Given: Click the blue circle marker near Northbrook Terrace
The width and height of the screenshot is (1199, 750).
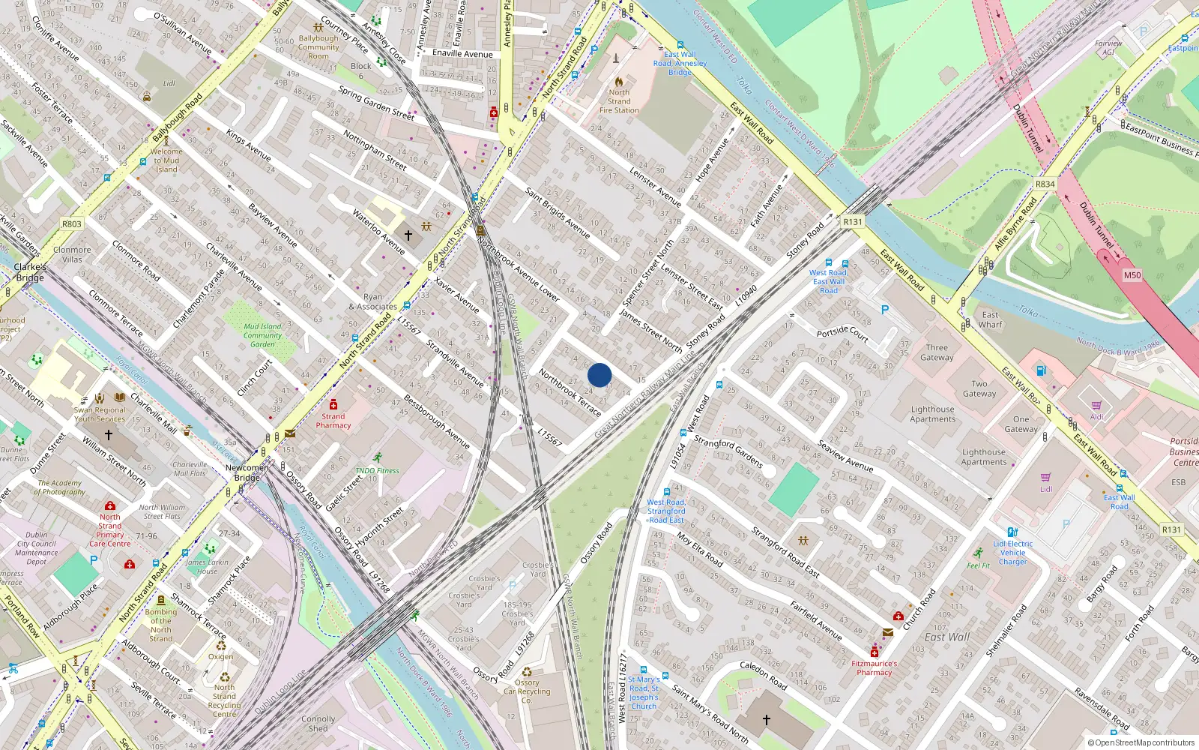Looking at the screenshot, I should click(599, 374).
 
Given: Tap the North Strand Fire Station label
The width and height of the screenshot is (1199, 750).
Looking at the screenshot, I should click(619, 101).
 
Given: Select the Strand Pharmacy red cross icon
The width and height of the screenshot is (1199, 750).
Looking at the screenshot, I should click(333, 404).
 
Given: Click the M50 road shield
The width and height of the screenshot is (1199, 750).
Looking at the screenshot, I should click(1132, 275).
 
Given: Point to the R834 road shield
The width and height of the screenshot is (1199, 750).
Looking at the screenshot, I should click(1045, 184).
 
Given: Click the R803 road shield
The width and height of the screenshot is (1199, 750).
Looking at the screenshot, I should click(72, 223).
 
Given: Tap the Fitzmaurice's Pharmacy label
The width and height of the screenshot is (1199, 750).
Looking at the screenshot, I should click(874, 667).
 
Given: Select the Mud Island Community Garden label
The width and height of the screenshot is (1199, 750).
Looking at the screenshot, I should click(262, 335).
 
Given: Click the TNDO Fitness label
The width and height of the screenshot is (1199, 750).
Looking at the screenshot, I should click(377, 470).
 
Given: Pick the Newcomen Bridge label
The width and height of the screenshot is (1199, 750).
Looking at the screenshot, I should click(247, 472).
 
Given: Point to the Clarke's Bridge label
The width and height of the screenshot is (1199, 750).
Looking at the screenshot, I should click(30, 272).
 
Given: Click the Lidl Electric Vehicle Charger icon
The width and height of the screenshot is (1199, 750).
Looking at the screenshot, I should click(1012, 532).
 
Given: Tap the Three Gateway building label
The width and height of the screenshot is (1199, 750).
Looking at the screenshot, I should click(937, 352).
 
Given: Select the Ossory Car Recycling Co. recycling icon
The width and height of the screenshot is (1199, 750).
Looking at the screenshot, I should click(527, 672).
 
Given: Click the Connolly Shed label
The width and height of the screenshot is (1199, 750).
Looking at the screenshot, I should click(318, 723).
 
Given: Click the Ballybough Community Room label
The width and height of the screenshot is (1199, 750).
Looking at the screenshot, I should click(318, 47).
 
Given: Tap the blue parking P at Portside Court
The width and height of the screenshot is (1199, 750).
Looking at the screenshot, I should click(885, 310).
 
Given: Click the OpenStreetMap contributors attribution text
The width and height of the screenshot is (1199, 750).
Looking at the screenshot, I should click(1141, 742).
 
